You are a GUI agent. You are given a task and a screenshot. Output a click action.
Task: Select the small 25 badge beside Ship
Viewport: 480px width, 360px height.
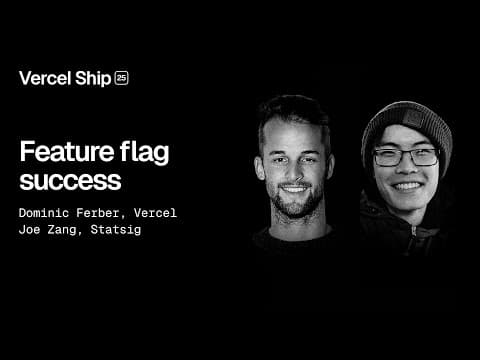(122, 78)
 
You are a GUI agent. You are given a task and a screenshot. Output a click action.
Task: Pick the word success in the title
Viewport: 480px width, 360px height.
(70, 182)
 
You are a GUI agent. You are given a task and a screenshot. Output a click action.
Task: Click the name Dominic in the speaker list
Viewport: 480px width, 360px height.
(46, 213)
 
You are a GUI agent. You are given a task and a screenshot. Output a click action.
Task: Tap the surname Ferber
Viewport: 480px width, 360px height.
(107, 213)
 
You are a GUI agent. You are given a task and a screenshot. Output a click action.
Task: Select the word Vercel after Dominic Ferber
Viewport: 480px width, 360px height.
(157, 213)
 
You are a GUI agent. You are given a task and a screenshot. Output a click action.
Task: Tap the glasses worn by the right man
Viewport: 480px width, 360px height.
(406, 157)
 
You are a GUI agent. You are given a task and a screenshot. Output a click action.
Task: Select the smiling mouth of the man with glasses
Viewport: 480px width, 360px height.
(408, 186)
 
